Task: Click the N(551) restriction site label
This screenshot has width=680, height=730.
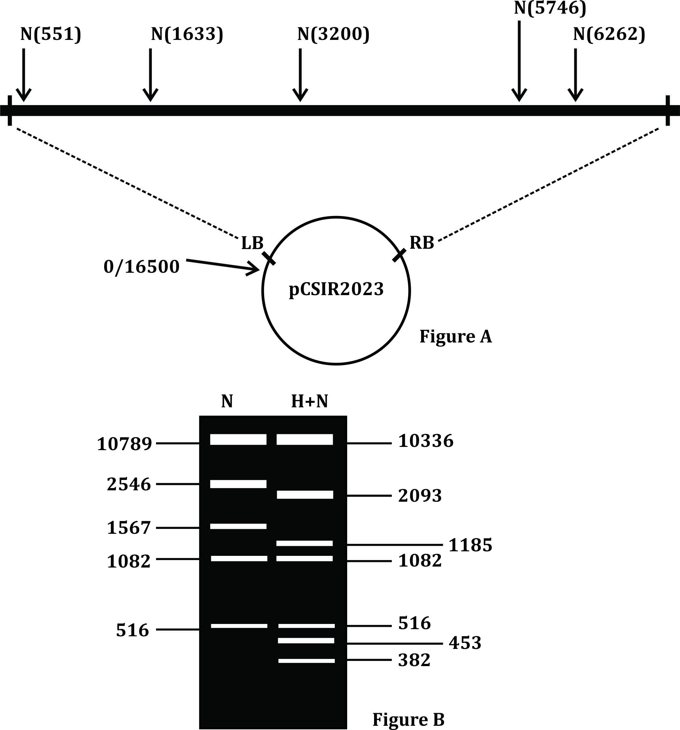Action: tap(51, 34)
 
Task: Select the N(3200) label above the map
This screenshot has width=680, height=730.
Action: tap(333, 34)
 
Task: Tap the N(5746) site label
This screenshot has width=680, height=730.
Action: tap(550, 8)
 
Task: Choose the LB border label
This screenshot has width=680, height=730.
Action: tap(252, 243)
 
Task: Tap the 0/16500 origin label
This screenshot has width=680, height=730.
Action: tap(141, 267)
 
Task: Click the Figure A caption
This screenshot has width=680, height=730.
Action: tap(455, 336)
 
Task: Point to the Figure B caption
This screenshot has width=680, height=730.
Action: tap(408, 719)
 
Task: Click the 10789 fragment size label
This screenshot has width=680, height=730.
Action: tap(125, 444)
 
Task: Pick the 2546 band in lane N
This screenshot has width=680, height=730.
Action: tap(238, 484)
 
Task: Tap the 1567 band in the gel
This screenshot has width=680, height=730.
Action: tap(238, 526)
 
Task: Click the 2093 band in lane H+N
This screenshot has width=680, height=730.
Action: tap(305, 495)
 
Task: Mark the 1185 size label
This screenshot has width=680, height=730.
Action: tap(470, 545)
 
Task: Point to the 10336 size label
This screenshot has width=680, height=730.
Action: tap(426, 441)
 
